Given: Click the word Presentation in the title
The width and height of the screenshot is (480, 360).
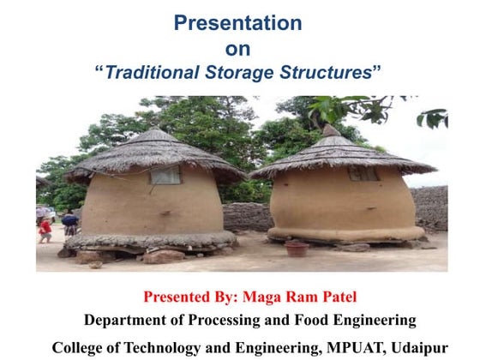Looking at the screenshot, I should click(237, 23).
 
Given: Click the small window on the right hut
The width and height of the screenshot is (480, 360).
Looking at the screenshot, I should click(363, 172).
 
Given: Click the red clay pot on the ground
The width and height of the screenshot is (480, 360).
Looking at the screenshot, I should click(297, 249).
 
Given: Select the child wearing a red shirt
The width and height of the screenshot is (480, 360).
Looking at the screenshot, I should click(45, 229).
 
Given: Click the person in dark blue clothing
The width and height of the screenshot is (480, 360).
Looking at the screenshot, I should click(70, 224).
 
